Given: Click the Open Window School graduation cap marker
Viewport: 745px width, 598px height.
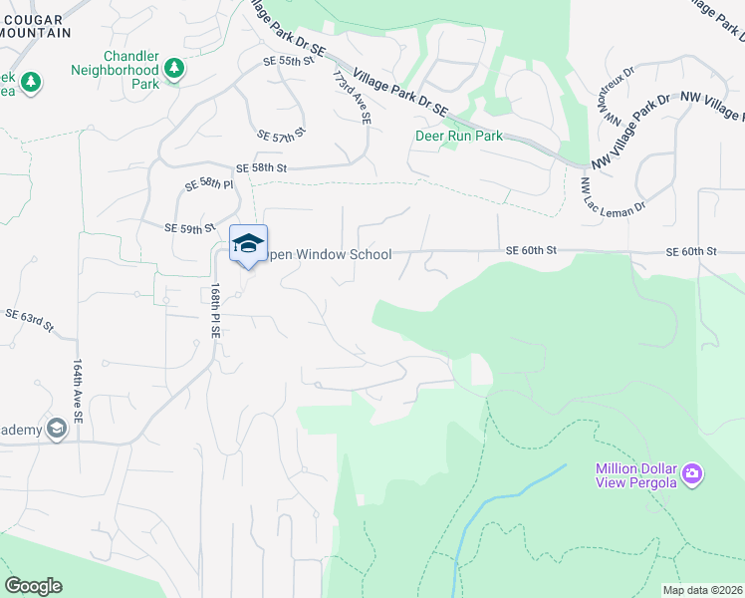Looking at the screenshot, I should (249, 243).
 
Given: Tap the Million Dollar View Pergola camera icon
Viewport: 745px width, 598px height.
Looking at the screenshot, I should (692, 471).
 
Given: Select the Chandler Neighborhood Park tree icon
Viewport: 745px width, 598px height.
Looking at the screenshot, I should (174, 67).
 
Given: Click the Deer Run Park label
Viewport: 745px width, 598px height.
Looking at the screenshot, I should (459, 136).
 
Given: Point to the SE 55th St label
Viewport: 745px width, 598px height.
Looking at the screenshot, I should (288, 61).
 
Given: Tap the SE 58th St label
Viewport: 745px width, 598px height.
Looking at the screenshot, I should (261, 168).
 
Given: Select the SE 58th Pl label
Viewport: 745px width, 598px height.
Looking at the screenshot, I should (208, 185).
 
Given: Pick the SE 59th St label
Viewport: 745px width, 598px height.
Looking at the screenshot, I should (190, 228).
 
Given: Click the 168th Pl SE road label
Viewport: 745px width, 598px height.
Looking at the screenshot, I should (214, 310).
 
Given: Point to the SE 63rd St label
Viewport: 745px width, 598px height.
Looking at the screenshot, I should (28, 319).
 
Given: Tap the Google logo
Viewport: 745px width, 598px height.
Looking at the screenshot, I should (33, 585).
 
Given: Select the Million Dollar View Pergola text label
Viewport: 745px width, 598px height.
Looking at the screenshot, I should (636, 476).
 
